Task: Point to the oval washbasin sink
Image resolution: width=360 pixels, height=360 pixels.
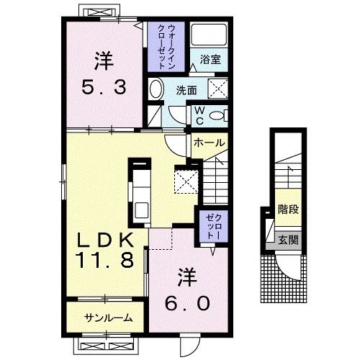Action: pyautogui.click(x=156, y=90)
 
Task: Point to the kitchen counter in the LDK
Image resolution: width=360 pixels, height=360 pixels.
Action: pyautogui.click(x=138, y=191)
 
